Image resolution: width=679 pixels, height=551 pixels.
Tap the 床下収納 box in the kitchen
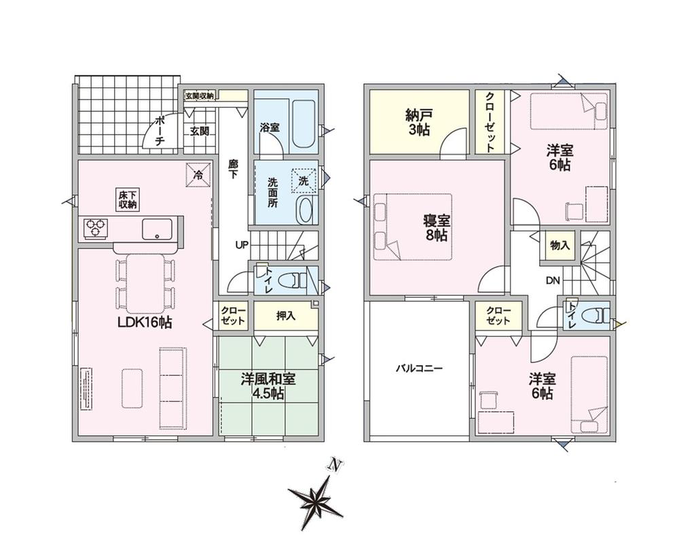[128, 199]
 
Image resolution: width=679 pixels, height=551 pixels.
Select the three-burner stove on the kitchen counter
[96, 229]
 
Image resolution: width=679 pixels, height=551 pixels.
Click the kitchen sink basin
[157, 229]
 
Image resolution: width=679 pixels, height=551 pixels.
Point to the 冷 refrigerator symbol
[198, 175]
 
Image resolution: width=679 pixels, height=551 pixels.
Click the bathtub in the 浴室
[305, 125]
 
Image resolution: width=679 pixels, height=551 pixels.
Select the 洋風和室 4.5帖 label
[268, 386]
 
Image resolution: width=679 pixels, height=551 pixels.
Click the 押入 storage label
[286, 316]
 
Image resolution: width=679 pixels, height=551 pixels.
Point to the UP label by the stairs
[242, 246]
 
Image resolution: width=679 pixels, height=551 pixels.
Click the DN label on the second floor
[553, 280]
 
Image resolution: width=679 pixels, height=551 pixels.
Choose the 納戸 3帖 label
[419, 123]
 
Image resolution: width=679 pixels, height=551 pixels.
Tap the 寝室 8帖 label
[437, 228]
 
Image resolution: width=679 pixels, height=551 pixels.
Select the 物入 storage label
[560, 246]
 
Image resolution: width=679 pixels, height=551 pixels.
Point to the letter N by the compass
[334, 464]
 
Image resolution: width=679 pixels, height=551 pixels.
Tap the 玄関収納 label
[200, 96]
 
